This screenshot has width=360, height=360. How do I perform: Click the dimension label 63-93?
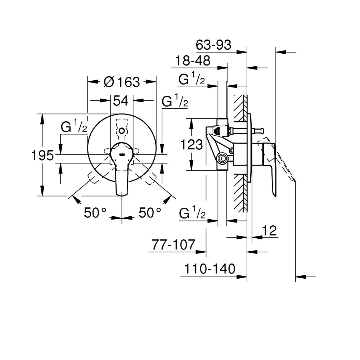213,45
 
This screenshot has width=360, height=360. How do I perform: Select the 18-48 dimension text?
193,60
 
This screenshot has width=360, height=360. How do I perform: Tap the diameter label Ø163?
121,82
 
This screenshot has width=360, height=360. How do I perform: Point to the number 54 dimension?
121,101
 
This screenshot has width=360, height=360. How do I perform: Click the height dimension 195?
42,156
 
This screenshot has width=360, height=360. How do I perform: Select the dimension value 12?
270,231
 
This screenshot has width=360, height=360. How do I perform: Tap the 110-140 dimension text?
210,269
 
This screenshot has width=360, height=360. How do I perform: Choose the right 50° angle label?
150,213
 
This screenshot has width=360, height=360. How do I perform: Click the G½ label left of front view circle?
74,127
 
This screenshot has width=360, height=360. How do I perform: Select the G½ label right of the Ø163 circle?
175,101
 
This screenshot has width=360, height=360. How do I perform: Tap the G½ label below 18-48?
192,80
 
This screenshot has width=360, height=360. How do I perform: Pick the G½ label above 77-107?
192,215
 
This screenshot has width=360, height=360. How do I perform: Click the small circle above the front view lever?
122,130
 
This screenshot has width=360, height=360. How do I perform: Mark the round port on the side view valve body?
222,157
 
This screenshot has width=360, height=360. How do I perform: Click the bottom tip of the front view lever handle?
122,195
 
